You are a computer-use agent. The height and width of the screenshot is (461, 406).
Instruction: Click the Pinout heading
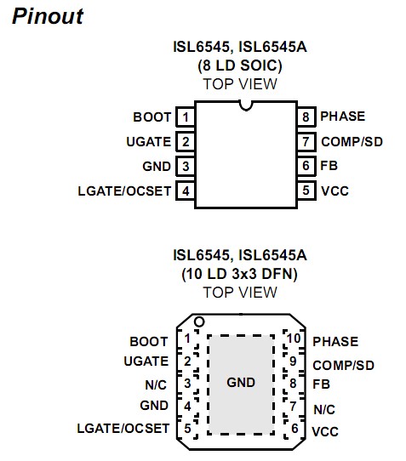tap(49, 17)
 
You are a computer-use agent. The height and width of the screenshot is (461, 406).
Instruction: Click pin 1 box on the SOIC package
tap(185, 117)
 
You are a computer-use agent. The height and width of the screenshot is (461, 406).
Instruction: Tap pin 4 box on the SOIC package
tap(185, 191)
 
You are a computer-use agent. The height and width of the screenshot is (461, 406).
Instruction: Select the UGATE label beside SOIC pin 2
tap(148, 141)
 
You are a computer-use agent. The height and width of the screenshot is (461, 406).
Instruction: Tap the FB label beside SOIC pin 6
tap(329, 166)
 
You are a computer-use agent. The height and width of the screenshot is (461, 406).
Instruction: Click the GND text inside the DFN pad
tap(241, 383)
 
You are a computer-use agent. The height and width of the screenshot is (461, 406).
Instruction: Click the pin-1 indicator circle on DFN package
tap(200, 322)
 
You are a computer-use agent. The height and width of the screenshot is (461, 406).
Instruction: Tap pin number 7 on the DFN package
tap(294, 407)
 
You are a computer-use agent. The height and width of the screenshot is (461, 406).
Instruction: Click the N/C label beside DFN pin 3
tap(156, 384)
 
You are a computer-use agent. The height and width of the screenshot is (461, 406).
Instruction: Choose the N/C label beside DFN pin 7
tap(324, 409)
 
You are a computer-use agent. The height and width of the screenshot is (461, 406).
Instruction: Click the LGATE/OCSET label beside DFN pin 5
tap(123, 428)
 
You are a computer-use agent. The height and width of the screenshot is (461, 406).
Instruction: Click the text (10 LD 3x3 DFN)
tap(240, 273)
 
